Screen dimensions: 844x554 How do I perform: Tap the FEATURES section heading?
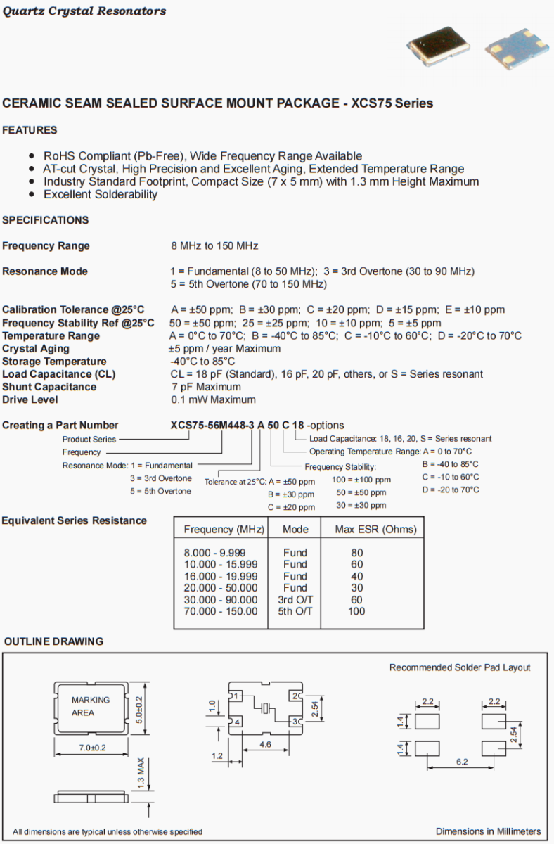coord(30,130)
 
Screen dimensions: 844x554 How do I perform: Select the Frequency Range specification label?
coord(46,246)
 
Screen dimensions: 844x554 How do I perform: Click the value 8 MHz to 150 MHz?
coord(214,246)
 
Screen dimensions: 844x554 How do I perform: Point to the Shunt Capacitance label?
coord(49,387)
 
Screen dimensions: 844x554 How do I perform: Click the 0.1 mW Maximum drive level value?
coord(213,399)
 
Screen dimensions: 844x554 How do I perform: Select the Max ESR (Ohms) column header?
coord(375,530)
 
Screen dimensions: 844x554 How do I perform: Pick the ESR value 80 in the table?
coord(357,553)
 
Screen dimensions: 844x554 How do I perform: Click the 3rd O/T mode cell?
coord(295,600)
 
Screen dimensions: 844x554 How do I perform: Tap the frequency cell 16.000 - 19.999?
coord(221,576)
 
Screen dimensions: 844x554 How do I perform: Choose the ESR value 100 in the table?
coord(357,611)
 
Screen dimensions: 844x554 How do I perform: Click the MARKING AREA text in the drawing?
coord(91,706)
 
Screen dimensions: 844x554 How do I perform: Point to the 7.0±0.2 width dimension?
coord(91,748)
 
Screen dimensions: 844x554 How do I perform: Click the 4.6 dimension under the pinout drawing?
coord(266,743)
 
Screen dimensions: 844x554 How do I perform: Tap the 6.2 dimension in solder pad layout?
coord(462,762)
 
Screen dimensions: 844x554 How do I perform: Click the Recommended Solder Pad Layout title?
coord(460,667)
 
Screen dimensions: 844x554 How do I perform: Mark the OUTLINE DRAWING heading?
coord(53,641)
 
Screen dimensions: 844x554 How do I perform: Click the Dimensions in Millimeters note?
coord(488,831)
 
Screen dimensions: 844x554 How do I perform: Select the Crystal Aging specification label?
coord(36,349)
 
